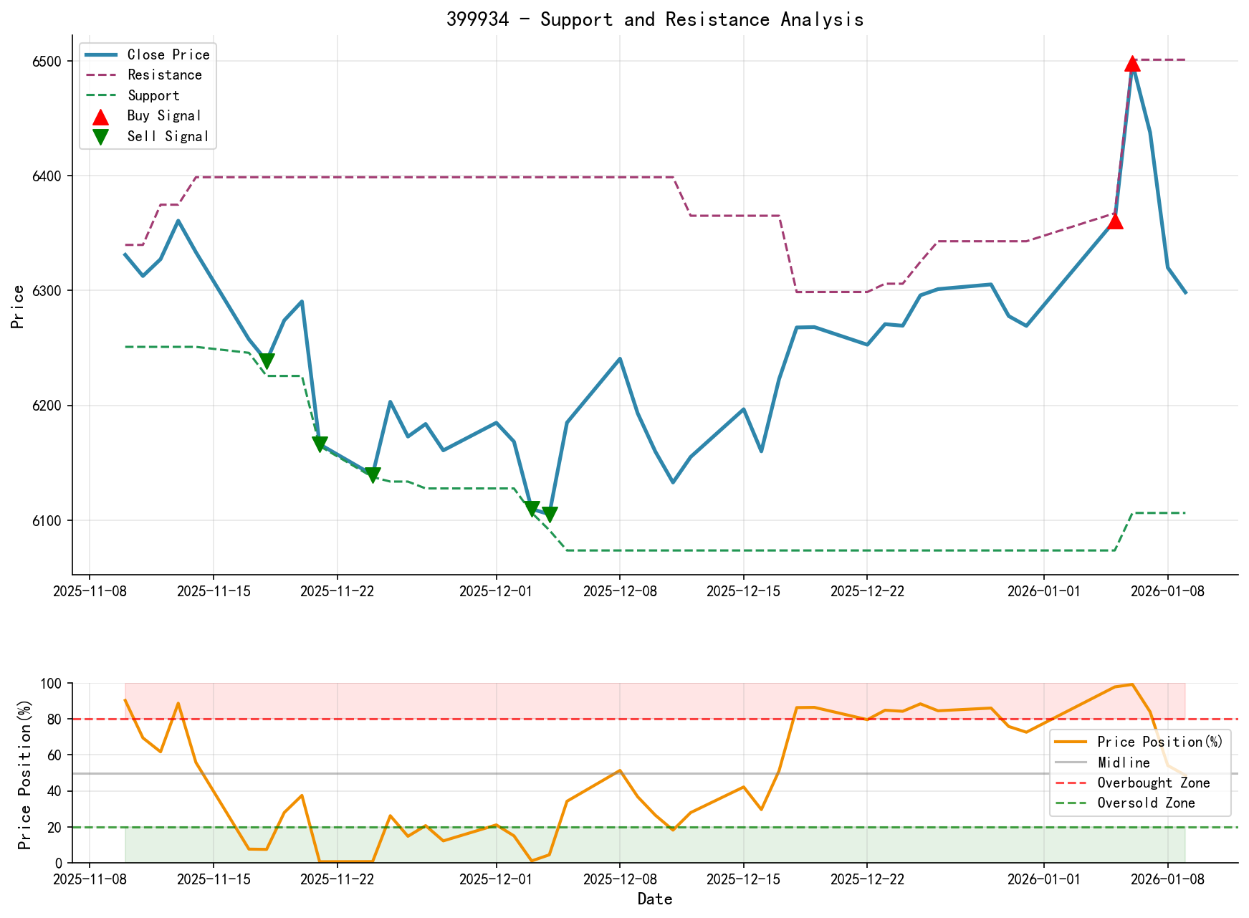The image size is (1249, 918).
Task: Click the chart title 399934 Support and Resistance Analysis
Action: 655,19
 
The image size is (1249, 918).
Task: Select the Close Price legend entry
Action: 168,55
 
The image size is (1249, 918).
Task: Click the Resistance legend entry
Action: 164,75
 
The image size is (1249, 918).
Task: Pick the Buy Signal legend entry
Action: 163,116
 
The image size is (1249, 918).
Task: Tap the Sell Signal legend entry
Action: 167,137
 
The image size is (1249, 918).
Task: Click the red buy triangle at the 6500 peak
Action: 1132,64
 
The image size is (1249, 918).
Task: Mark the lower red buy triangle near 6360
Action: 1115,221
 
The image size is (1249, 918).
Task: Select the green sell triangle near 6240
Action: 267,361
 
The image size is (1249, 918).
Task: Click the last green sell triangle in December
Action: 550,515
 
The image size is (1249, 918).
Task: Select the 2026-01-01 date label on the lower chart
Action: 1043,879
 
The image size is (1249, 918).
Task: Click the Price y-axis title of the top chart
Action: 18,307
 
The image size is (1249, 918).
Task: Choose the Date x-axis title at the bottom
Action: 655,899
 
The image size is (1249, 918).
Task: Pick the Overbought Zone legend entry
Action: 1153,783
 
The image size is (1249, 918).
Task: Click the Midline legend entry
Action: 1123,763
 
